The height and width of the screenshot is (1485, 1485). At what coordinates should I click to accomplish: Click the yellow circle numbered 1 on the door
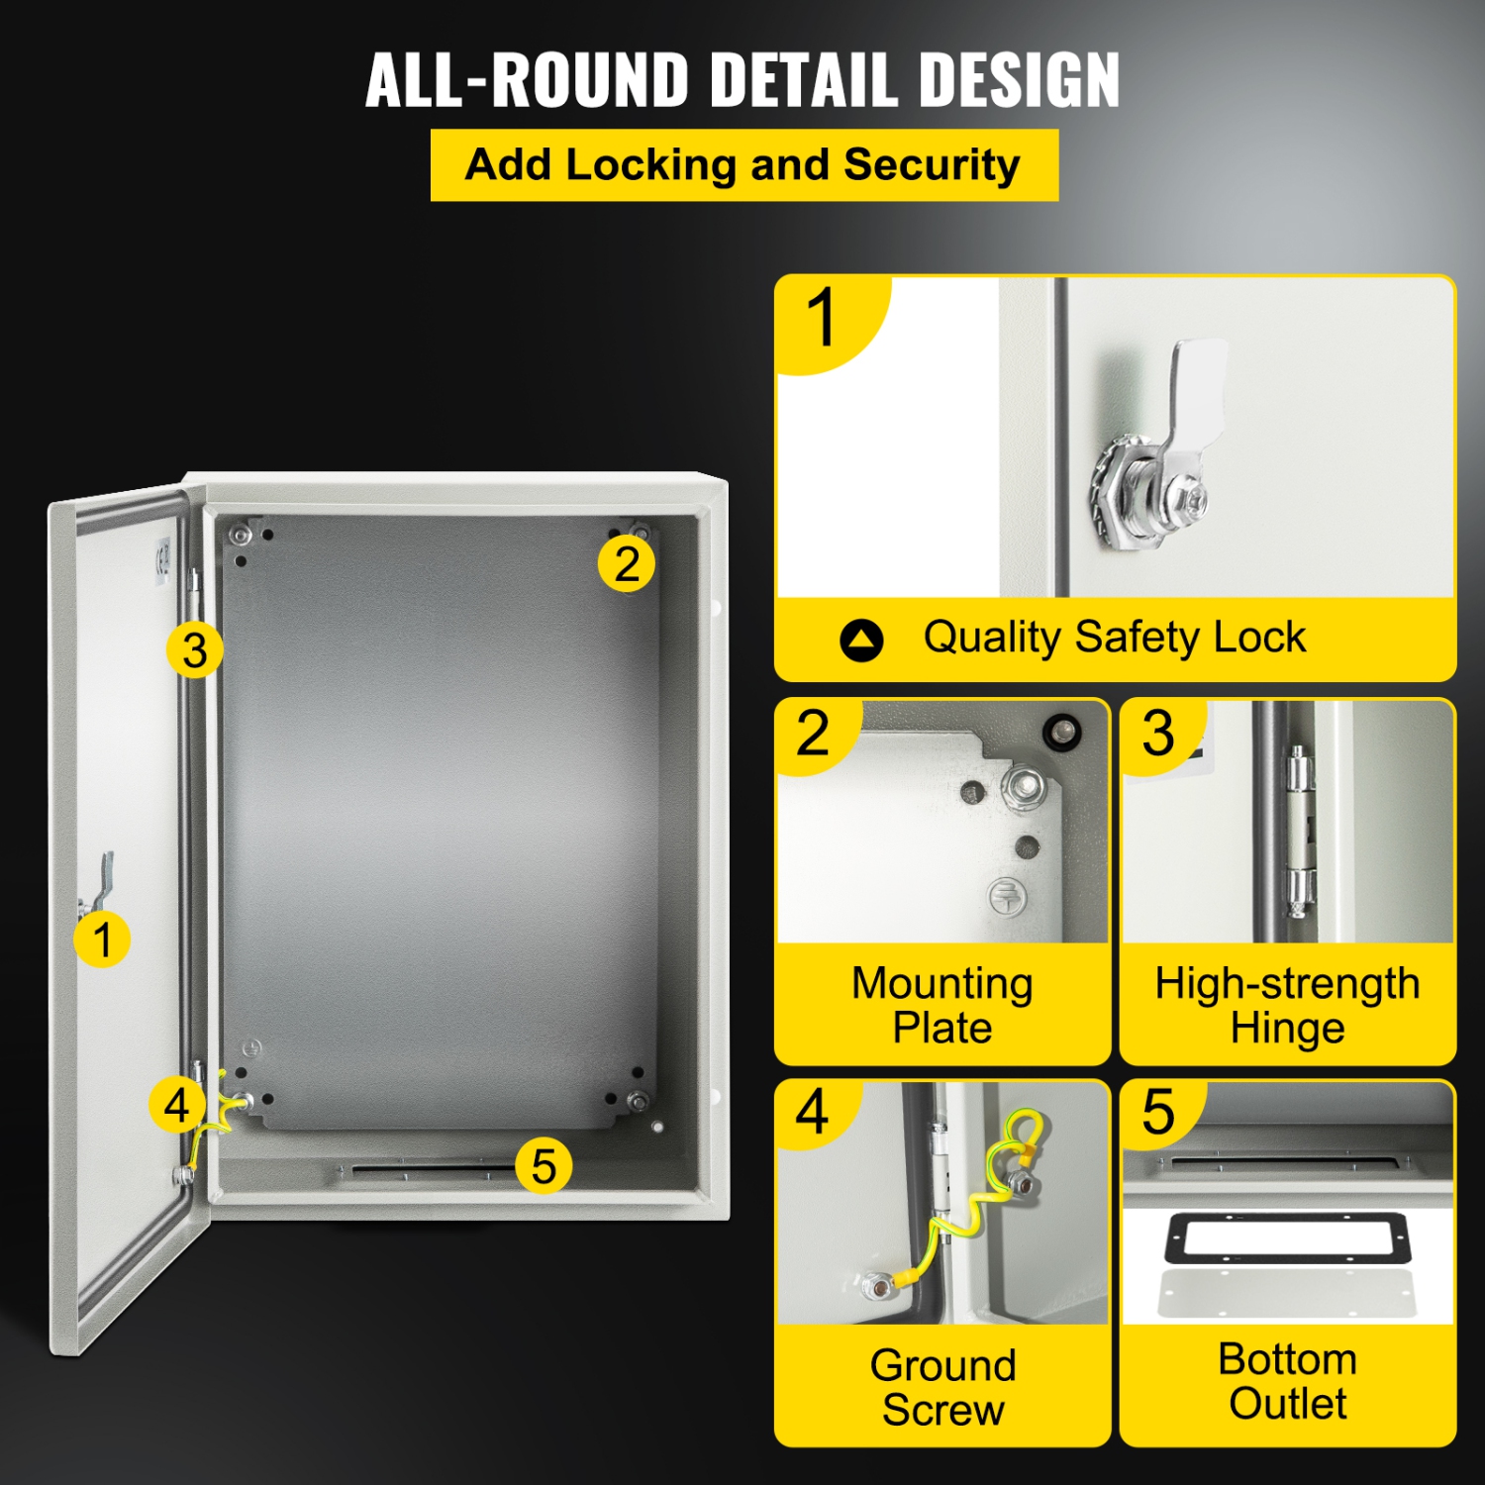coord(102,939)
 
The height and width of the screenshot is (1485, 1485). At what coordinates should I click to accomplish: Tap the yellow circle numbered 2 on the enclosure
coord(627,564)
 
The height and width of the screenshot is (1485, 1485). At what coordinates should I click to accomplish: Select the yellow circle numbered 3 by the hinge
coord(195,650)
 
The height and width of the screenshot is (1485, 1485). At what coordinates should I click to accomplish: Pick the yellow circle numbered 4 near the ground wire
coord(177,1105)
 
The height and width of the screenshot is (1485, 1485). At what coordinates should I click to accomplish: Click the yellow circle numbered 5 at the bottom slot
coord(544,1165)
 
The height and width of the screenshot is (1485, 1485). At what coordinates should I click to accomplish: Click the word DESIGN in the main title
coord(1019,80)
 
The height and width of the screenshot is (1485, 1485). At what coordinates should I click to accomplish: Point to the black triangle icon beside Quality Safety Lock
coord(861,641)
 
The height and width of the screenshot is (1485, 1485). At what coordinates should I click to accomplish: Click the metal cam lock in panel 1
coord(1163,465)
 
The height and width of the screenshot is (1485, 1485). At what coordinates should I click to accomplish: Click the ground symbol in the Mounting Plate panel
coord(1007,897)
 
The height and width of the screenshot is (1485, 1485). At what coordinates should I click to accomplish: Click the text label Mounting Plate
coord(941,1005)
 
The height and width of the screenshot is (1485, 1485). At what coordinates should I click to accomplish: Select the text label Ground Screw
coord(941,1387)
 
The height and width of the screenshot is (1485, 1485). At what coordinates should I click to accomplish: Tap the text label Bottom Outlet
coord(1287,1381)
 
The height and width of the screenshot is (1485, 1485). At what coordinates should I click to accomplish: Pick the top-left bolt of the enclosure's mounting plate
coord(241,537)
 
